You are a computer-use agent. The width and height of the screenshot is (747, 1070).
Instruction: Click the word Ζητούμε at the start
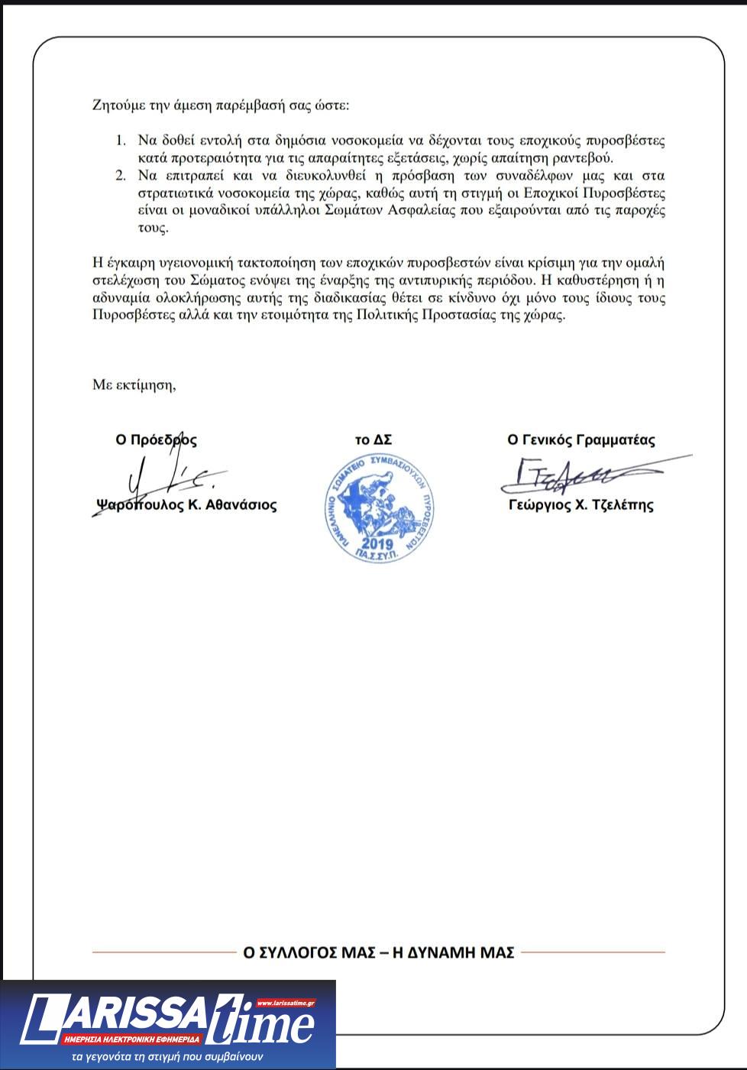pos(115,105)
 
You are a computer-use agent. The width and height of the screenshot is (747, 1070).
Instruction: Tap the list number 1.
pos(119,141)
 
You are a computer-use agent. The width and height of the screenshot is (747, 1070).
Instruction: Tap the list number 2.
pos(119,176)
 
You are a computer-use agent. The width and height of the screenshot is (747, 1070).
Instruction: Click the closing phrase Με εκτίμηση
pos(134,384)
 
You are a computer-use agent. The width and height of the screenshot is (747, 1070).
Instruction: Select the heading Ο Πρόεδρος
pos(156,440)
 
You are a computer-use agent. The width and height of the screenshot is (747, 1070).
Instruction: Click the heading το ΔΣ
pos(373,440)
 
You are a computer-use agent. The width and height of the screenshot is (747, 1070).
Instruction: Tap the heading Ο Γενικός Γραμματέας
pos(580,440)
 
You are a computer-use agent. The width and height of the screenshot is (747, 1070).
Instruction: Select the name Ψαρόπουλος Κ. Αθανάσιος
pos(186,505)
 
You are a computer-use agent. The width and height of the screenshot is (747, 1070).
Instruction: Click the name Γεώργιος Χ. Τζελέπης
pos(580,505)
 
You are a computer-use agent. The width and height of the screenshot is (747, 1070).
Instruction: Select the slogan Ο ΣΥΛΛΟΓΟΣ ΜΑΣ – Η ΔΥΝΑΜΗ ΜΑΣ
pos(378,953)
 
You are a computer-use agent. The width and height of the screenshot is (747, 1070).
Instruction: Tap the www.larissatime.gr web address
pos(286,1003)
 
